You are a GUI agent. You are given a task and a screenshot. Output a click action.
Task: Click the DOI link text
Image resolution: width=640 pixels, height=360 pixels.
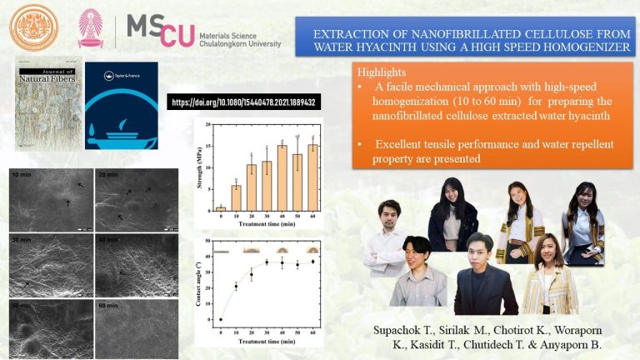point(246,102)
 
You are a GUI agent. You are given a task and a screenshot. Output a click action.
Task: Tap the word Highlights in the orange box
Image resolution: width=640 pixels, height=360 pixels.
point(382,73)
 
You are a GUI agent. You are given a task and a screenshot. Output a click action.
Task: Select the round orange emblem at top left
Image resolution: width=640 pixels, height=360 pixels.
point(31,27)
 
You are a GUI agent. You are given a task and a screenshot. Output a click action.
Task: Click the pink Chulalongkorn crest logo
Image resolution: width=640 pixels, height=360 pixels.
point(91,29)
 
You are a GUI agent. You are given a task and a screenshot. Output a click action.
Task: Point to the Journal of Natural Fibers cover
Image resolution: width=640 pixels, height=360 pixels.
point(43,106)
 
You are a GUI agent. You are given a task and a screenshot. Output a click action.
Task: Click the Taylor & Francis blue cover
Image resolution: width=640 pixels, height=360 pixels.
point(121,106)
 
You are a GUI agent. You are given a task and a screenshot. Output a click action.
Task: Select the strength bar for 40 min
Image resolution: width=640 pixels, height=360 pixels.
point(282,177)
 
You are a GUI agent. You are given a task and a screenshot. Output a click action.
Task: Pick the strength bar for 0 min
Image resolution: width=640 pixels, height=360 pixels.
point(221,208)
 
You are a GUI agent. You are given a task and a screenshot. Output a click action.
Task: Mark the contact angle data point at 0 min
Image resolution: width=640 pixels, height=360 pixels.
point(221,319)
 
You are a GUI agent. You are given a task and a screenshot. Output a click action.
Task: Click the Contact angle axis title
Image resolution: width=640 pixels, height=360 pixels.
point(201,284)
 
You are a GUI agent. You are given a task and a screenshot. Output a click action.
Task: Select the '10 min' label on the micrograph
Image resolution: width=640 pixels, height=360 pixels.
point(22,176)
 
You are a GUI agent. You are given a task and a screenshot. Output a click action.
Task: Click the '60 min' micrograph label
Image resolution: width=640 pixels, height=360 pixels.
point(107,305)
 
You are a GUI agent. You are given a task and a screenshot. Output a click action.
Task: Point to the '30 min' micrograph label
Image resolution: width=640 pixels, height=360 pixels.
point(22,241)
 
